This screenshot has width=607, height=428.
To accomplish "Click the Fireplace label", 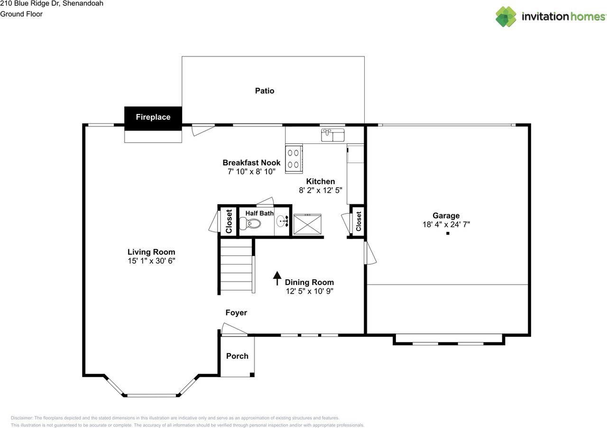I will click(153, 117).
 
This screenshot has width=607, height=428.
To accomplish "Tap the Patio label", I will click(265, 91).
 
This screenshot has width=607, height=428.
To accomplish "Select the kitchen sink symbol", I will click(333, 135).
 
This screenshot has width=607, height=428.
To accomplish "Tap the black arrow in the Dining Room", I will click(276, 278).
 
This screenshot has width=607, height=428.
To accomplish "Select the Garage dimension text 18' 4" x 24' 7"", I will click(446, 224).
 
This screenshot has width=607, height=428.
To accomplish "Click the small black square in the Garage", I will click(447, 233).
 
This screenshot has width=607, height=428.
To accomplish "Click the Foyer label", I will click(236, 313).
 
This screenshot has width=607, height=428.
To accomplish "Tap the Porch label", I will click(237, 356).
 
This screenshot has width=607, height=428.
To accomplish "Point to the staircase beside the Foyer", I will click(237, 266).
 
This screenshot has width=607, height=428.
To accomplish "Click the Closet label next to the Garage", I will click(359, 221).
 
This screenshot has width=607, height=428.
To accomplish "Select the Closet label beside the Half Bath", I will click(229, 221).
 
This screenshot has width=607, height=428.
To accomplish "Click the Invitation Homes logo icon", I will click(506, 17).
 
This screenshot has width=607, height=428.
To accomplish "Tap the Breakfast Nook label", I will click(251, 162).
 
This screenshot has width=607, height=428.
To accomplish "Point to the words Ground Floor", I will click(21, 14).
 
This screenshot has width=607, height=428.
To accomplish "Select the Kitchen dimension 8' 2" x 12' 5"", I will click(321, 190).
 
